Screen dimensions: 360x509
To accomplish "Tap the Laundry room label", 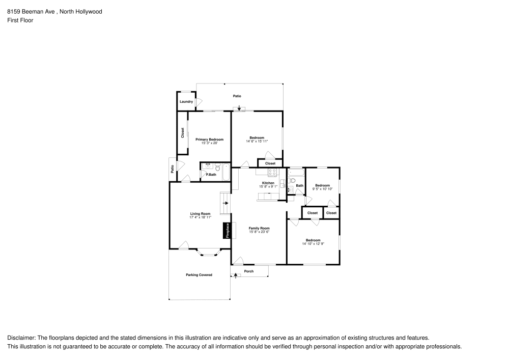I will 186,101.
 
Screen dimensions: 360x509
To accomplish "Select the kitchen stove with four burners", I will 273,172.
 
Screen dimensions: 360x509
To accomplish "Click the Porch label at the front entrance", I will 249,271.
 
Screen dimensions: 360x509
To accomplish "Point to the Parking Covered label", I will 199,275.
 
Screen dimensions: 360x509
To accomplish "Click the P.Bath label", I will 211,175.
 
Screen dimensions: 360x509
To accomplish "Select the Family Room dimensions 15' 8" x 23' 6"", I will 259,232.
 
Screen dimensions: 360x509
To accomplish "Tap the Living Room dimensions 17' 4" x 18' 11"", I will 200,217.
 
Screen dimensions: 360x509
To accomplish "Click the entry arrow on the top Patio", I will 239,107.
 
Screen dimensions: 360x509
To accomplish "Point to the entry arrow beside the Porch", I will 235,275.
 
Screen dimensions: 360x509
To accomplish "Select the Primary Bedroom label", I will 209,139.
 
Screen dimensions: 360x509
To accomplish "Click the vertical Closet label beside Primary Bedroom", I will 182,132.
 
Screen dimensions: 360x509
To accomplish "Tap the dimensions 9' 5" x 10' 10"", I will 322,189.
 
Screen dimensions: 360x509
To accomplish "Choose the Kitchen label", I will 268,183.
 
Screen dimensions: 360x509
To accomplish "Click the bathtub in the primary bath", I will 227,173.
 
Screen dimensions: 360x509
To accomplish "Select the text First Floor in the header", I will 20,20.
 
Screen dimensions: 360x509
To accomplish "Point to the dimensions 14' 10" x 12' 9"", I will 313,244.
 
